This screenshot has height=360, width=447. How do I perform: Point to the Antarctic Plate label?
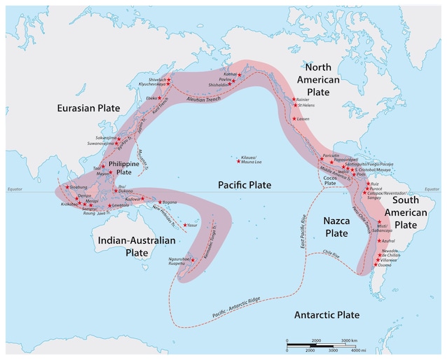tap(326, 315)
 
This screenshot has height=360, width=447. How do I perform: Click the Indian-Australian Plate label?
tap(137, 247)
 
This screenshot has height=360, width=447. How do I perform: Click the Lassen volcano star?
tap(294, 118)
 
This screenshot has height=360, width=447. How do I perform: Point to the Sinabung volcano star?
tap(67, 186)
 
